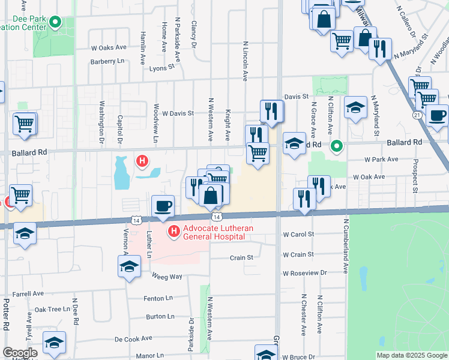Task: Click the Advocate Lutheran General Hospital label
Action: (x=214, y=232)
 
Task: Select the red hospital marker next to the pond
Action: (x=142, y=161)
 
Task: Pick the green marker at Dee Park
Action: (x=56, y=23)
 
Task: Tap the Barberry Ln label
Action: (x=107, y=61)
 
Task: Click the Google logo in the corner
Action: (x=20, y=353)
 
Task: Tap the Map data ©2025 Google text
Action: (x=411, y=355)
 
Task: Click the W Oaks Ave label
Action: (x=109, y=47)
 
